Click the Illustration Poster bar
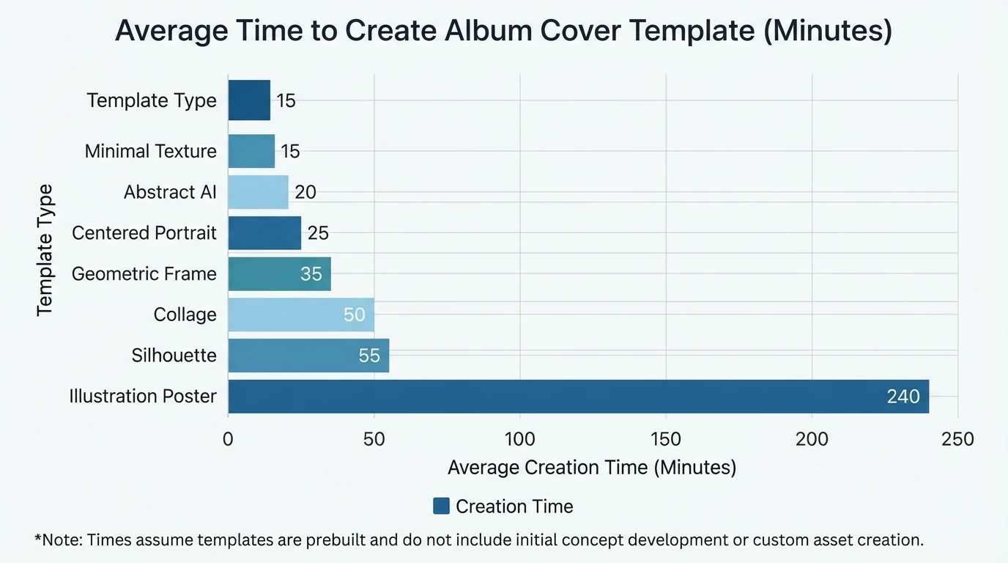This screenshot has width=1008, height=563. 579,397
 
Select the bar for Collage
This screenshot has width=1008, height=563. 301,314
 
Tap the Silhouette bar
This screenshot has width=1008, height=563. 308,356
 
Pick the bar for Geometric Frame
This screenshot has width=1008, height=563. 279,273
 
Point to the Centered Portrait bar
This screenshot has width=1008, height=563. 264,233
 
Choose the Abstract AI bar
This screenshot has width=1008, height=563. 258,192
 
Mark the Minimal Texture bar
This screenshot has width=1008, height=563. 251,151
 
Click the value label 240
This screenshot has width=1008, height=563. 903,397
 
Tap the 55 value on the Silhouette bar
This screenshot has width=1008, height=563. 369,356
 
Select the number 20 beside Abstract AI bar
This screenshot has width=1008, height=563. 305,192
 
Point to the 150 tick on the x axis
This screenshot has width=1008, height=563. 666,439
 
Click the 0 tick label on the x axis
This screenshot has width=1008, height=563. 228,439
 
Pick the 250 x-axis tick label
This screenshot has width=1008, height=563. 957,439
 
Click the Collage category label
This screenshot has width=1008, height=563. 185,314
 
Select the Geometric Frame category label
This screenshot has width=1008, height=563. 144,273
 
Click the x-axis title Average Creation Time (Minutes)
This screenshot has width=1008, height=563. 592,467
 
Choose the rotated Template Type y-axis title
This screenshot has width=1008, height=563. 45,250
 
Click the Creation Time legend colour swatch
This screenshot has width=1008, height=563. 441,506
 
